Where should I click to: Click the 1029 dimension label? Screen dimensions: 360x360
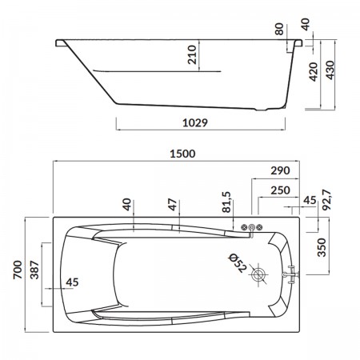(195, 122)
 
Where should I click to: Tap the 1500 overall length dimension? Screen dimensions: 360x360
(182, 154)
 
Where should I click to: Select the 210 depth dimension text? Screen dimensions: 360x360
(192, 54)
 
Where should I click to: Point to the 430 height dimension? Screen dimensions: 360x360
(330, 70)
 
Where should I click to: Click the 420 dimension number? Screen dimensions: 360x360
(314, 72)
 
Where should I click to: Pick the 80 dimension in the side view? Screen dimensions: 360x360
(279, 29)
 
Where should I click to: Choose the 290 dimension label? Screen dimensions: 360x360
(280, 170)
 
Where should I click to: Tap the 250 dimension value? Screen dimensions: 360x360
(280, 190)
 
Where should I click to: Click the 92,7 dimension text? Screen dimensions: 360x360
(327, 200)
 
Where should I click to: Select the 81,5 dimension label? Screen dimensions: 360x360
(226, 202)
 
